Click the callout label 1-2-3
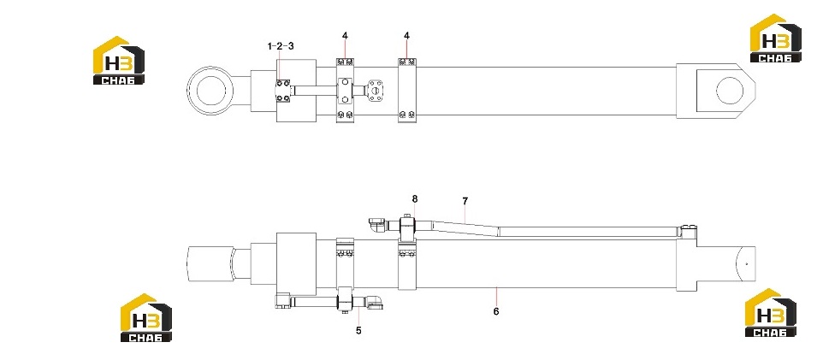coord(281,46)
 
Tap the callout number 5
coord(358,331)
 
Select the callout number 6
coord(496,311)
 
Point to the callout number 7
coord(465,201)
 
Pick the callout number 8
coord(415,199)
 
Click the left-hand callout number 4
coord(345,36)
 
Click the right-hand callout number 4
coord(406,36)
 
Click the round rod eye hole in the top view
coord(211,91)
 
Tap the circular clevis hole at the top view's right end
coord(730,91)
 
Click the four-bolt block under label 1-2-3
coord(283,91)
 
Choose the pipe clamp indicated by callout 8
coord(408,227)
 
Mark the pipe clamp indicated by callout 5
coord(346,301)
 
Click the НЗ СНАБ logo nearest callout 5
coord(145,317)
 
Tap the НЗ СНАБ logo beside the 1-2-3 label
coord(119,61)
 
